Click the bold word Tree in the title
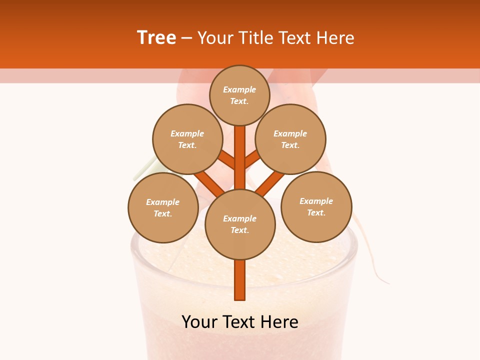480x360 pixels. (156, 38)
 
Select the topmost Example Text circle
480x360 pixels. (239, 95)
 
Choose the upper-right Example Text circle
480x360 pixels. (290, 139)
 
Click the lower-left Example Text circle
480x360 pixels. (163, 207)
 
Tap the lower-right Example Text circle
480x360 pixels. (316, 206)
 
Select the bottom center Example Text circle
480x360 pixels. (240, 224)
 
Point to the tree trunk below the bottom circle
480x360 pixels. (240, 280)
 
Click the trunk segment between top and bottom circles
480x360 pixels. (240, 157)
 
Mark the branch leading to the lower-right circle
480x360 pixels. (270, 183)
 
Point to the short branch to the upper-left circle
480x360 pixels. (226, 160)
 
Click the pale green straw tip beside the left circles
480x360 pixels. (142, 170)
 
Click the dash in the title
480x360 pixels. (187, 38)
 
